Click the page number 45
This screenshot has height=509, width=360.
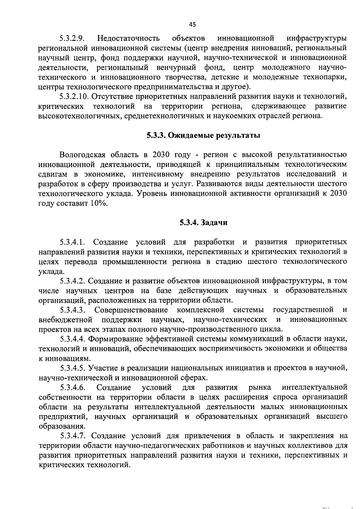[x=193, y=25]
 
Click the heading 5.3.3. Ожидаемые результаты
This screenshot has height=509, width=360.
[x=203, y=136]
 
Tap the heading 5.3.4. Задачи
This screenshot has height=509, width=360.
[x=204, y=223]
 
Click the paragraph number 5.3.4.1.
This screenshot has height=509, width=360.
[x=73, y=242]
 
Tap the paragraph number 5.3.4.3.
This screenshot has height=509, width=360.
[x=73, y=310]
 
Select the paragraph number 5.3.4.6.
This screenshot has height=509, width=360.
[x=73, y=388]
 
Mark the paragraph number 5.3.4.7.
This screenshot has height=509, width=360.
[x=73, y=436]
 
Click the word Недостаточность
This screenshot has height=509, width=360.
[x=128, y=39]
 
